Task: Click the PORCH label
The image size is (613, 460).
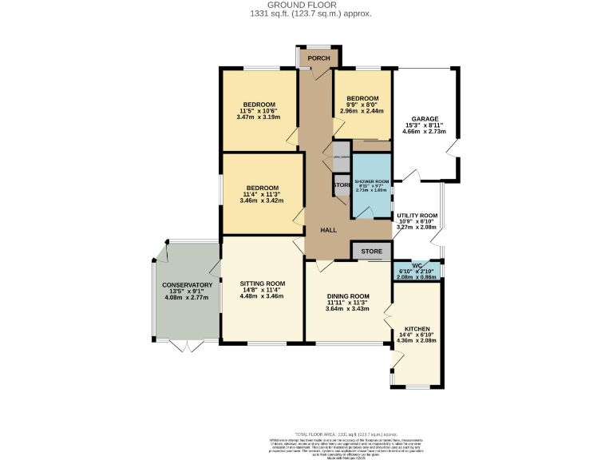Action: click(318, 58)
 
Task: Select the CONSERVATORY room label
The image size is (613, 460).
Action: click(187, 285)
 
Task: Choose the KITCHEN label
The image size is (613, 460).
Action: click(417, 329)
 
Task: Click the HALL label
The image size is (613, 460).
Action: click(328, 230)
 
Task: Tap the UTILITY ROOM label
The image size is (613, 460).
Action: click(417, 216)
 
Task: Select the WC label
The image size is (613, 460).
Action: click(417, 265)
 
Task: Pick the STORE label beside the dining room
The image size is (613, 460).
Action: click(371, 252)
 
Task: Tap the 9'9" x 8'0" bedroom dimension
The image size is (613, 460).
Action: click(362, 105)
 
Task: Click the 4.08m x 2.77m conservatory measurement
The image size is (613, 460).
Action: click(187, 298)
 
